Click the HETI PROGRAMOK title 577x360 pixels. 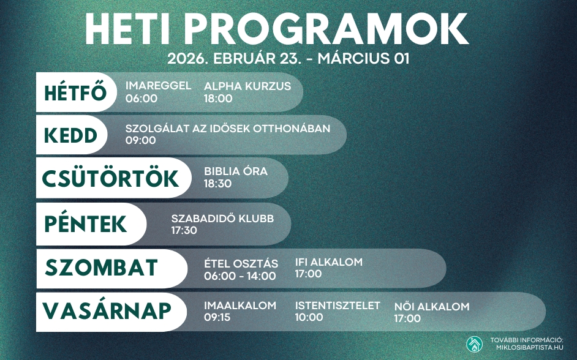click(x=276, y=28)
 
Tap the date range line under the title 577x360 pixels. click(x=288, y=59)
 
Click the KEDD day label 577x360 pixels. click(x=70, y=135)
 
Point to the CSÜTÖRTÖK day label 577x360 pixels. click(x=110, y=178)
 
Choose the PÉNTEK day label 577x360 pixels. click(x=86, y=224)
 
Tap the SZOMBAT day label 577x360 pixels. click(x=102, y=268)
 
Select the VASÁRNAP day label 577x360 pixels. click(x=107, y=311)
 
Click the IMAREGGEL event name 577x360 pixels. click(x=158, y=86)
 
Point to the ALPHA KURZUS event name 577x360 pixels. click(x=247, y=86)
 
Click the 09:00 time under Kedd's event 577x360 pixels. click(x=141, y=140)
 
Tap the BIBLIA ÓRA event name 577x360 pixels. click(x=236, y=171)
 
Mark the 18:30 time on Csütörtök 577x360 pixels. click(x=218, y=183)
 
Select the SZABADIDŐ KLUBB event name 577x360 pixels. click(x=222, y=219)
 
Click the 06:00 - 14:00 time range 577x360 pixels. click(x=239, y=276)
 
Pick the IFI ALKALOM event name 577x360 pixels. click(x=329, y=262)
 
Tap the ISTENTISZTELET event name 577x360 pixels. click(x=338, y=306)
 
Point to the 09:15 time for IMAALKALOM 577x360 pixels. click(x=218, y=317)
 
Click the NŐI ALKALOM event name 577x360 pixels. click(x=432, y=307)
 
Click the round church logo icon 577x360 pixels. click(x=474, y=344)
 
